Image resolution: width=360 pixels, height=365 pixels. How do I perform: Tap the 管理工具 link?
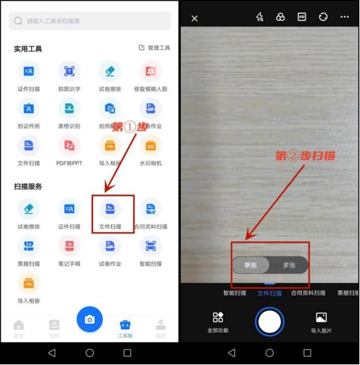coord(154,48)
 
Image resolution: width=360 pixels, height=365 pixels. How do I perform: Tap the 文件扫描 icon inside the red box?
coord(110,208)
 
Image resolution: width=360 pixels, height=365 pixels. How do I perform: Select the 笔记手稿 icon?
coord(69,245)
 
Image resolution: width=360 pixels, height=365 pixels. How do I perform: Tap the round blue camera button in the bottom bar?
coord(90,319)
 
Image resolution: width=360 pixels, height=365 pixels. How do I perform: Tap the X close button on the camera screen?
coord(195,19)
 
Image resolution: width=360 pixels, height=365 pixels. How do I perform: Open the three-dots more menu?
coord(344,18)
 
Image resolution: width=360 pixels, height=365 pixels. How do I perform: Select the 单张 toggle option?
coord(251,265)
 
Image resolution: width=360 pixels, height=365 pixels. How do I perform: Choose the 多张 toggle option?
coord(289,265)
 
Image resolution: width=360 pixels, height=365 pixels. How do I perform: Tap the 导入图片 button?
coord(321,321)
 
